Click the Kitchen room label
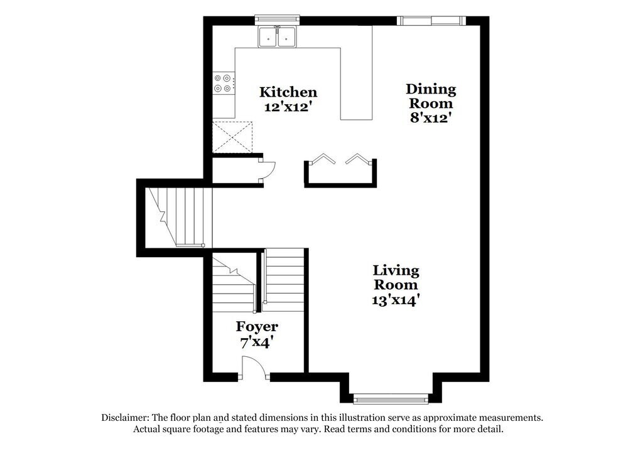coord(288,93)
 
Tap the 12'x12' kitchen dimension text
coord(288,107)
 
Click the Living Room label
coord(396,277)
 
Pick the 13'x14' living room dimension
coord(396,300)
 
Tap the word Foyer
coord(257,327)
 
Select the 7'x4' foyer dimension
coord(257,342)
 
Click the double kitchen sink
coord(278,37)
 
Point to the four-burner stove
coord(224,83)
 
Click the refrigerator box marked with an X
coord(233,135)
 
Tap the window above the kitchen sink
coord(277,20)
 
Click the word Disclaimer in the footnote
coord(125,418)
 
